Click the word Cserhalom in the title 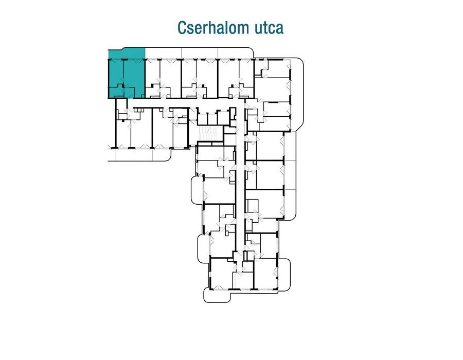(x=209, y=28)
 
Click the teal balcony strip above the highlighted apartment (x=127, y=53)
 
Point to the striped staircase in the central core (x=208, y=134)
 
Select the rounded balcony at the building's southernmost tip (x=217, y=296)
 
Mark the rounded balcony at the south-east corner (x=284, y=275)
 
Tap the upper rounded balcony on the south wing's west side (x=197, y=188)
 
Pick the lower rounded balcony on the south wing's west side (x=204, y=244)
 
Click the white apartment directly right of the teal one (x=163, y=79)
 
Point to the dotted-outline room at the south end (x=243, y=280)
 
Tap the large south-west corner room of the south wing (x=221, y=273)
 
